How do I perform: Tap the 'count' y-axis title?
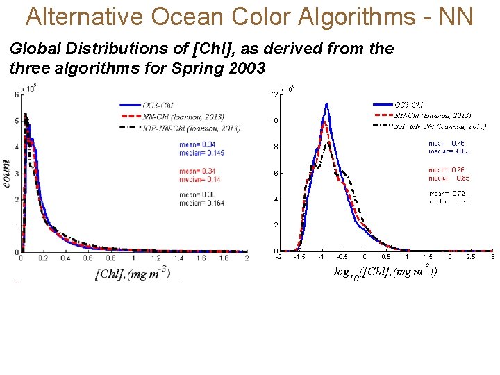(x=6, y=173)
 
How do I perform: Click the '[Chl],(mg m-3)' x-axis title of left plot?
(x=132, y=273)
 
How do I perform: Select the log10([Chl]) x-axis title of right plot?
(x=385, y=272)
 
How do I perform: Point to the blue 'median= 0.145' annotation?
(x=201, y=153)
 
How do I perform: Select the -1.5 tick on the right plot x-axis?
(x=300, y=257)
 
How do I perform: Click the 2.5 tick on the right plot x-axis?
(x=471, y=257)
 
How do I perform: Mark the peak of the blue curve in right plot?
(x=326, y=104)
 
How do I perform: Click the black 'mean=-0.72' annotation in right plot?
(x=449, y=193)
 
